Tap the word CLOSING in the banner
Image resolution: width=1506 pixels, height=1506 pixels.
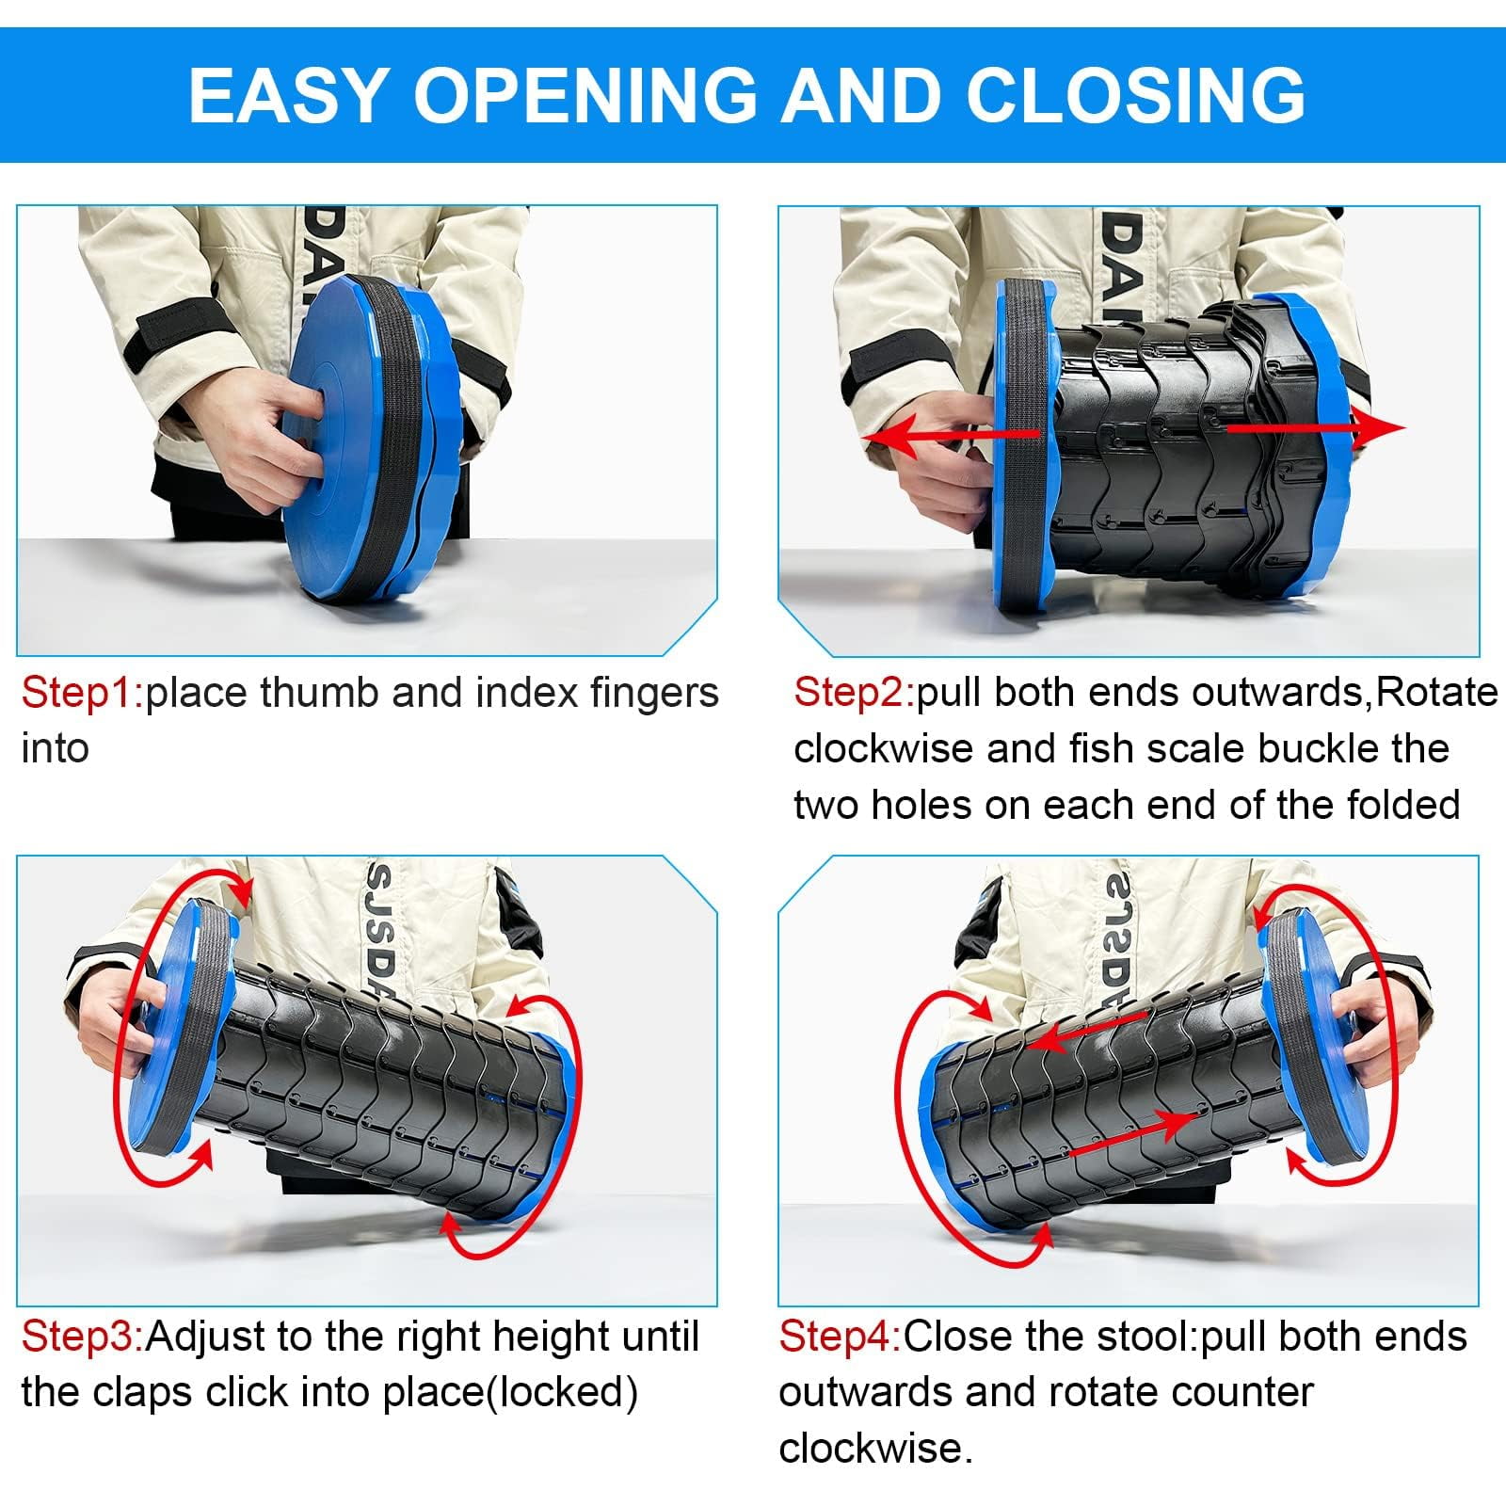1135,94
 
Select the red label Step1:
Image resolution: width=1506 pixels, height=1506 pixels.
81,693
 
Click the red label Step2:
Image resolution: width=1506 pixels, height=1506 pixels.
853,693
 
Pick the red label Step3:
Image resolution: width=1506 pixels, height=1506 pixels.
82,1337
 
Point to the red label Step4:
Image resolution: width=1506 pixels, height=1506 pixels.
840,1337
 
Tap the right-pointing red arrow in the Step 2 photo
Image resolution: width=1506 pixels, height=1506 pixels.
1316,427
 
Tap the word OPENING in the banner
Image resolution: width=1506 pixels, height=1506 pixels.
585,94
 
